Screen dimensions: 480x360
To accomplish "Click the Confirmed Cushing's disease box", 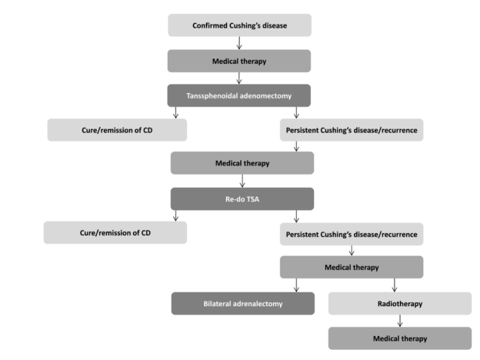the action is pos(240,25).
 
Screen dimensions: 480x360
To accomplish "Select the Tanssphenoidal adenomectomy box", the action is pos(239,95).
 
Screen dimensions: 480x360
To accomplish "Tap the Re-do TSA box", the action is pos(242,199).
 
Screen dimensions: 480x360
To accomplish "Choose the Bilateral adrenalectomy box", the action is pos(243,303).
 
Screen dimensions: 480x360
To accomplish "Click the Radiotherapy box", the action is pos(400,303).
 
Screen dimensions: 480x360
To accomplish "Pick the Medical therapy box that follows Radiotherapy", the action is pos(400,338).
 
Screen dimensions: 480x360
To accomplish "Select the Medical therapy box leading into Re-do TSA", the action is pos(242,163).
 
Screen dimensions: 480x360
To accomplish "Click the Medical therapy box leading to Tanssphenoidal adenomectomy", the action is pos(239,61).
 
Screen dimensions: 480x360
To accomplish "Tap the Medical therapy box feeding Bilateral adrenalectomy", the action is pos(352,267).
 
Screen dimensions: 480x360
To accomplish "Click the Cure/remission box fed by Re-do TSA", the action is pos(115,232).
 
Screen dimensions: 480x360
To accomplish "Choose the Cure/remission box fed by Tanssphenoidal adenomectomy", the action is pos(117,130).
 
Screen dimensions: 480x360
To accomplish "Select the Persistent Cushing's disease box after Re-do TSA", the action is pos(352,234).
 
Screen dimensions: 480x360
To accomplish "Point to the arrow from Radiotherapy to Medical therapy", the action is pos(400,321).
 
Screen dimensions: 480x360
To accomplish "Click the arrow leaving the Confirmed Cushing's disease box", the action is pos(239,43).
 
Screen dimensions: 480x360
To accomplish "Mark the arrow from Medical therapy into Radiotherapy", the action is pos(395,285).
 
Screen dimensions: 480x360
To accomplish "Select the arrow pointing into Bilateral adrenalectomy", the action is pos(296,285).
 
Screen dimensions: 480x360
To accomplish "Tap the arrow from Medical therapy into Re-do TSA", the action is pos(242,181).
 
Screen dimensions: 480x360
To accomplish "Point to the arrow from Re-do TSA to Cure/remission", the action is pos(175,216).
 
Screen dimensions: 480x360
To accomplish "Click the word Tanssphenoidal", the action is pos(212,96).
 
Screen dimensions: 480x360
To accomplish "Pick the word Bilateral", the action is pos(217,304).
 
